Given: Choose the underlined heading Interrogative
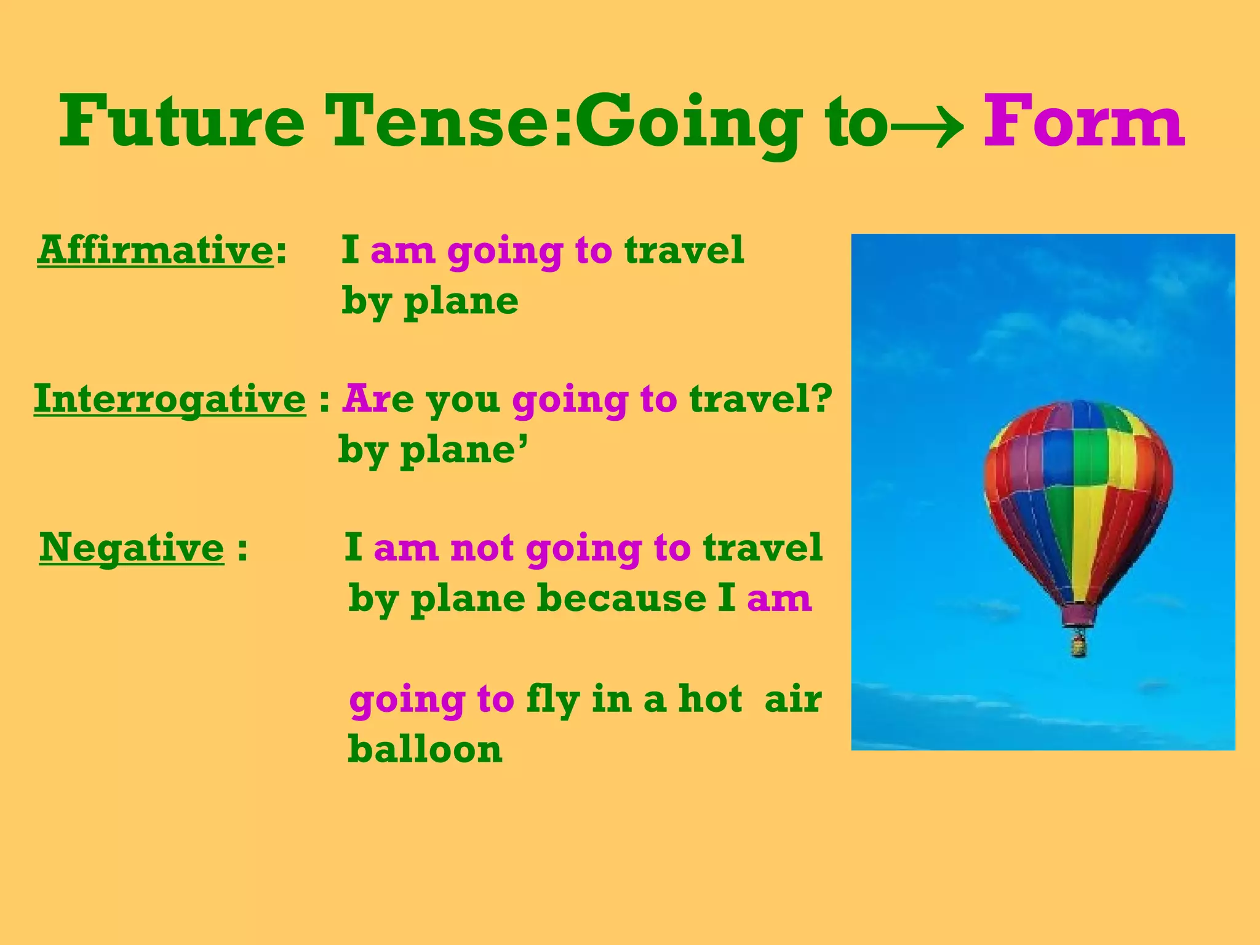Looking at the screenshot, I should click(x=169, y=399).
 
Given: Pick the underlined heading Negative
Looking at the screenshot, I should click(x=131, y=548).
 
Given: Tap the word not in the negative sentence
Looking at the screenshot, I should click(x=482, y=548).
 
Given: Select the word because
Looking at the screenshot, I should click(x=621, y=599).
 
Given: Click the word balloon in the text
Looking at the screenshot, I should click(x=425, y=750).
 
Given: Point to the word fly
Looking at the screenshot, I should click(x=552, y=700).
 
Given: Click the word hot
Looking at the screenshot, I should click(x=710, y=700).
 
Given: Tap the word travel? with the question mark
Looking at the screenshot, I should click(x=760, y=399).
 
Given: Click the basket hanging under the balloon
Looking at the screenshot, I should click(x=1078, y=645).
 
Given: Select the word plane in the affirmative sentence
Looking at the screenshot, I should click(x=461, y=302).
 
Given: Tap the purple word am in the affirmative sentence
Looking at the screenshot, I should click(x=402, y=252).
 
